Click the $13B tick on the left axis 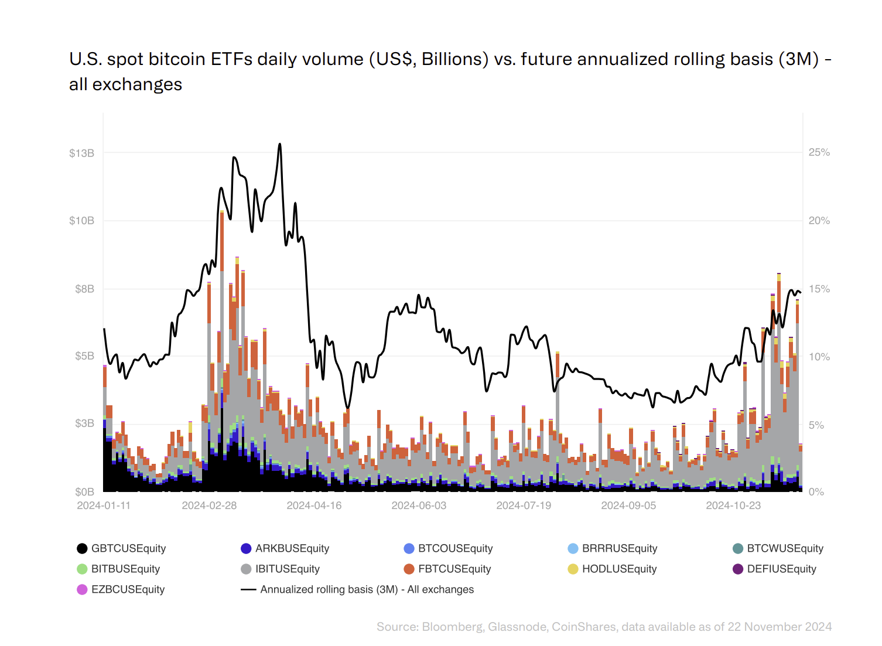click(x=81, y=153)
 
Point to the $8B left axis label click(x=84, y=289)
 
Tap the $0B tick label click(x=84, y=492)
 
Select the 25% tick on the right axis click(x=819, y=152)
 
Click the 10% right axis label click(x=819, y=357)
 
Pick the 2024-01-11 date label click(x=104, y=505)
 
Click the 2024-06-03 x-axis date click(x=418, y=505)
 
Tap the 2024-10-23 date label click(x=733, y=505)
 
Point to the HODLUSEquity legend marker click(x=573, y=569)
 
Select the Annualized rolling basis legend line click(x=248, y=589)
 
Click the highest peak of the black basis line click(x=280, y=144)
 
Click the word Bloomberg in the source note click(x=452, y=627)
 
